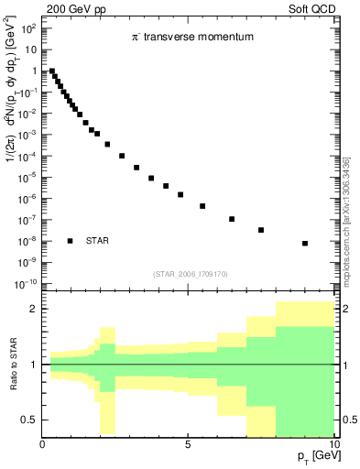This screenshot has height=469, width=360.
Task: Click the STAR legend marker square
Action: (70, 241)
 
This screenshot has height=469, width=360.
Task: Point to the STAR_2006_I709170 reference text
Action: (190, 274)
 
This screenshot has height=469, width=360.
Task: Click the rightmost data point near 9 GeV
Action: (305, 244)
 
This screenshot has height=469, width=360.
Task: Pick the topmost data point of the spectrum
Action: (52, 71)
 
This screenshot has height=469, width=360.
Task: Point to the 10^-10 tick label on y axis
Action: (27, 283)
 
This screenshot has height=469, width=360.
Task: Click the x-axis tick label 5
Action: (188, 445)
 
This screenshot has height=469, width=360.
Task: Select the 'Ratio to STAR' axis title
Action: (13, 365)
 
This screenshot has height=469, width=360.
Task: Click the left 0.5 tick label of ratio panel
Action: (28, 420)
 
